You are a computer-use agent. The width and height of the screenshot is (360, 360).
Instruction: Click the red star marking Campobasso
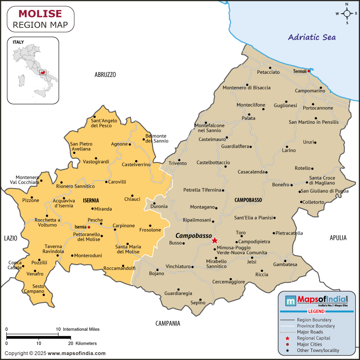click(x=215, y=240)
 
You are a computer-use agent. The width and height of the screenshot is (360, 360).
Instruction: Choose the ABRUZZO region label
click(x=105, y=75)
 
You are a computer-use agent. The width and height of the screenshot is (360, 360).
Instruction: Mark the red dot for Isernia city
click(x=89, y=227)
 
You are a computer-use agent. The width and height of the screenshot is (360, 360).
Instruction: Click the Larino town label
click(x=289, y=150)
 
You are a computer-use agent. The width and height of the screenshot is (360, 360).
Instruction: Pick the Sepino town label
click(x=198, y=303)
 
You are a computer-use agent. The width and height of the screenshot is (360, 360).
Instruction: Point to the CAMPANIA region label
click(x=168, y=323)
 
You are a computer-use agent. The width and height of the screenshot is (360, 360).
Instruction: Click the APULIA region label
click(x=338, y=237)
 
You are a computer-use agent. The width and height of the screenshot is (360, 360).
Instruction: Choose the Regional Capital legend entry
click(x=314, y=338)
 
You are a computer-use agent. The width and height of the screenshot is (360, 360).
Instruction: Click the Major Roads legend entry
click(x=310, y=332)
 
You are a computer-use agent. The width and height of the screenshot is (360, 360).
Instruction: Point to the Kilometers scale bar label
click(x=83, y=343)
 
